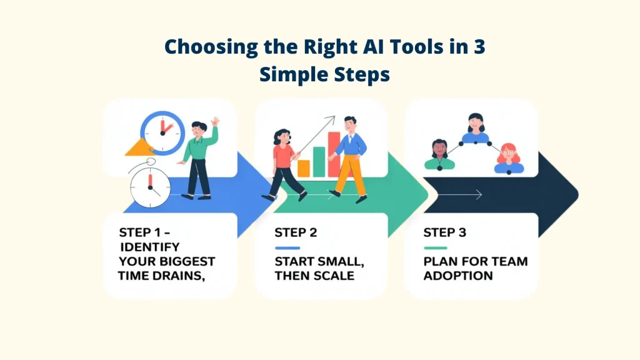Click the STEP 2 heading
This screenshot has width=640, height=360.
pyautogui.click(x=296, y=232)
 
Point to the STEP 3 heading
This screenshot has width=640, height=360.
pyautogui.click(x=444, y=232)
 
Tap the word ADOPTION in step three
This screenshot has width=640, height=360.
pyautogui.click(x=457, y=276)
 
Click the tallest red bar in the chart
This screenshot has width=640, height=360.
pyautogui.click(x=334, y=154)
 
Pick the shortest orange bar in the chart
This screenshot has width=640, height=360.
pyautogui.click(x=304, y=167)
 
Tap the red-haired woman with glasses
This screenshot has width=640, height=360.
pyautogui.click(x=509, y=157)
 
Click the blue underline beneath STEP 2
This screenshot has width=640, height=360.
pyautogui.click(x=287, y=248)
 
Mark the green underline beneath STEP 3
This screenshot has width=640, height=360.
pyautogui.click(x=436, y=248)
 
